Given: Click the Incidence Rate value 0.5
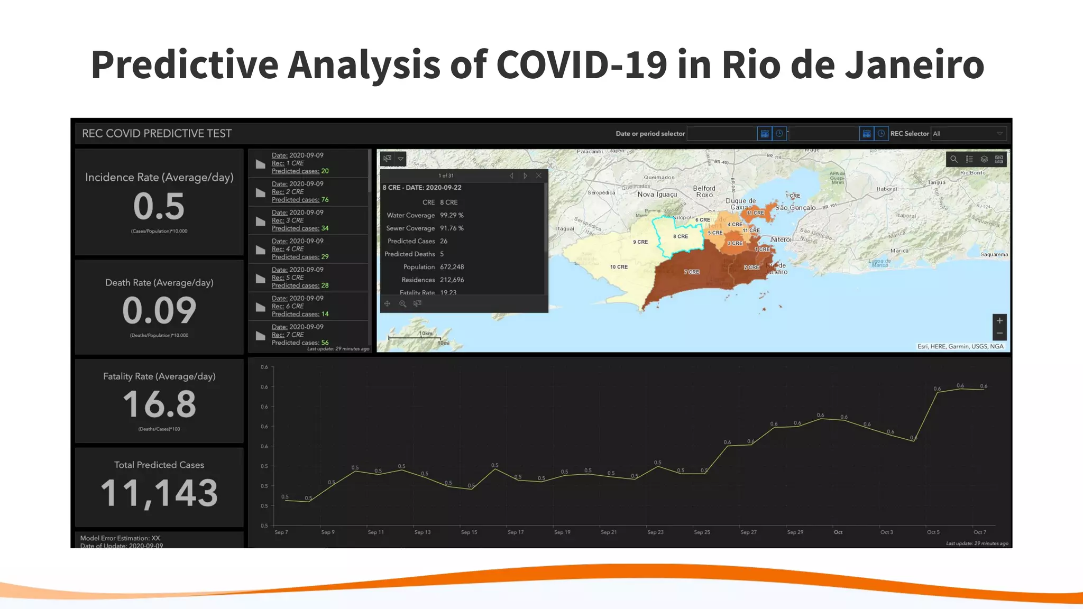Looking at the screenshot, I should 159,206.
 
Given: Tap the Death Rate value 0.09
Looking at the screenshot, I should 159,310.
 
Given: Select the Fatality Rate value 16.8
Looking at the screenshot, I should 159,404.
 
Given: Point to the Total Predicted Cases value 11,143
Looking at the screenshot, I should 159,493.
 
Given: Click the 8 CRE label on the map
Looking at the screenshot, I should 681,236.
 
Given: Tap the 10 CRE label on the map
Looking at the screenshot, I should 619,267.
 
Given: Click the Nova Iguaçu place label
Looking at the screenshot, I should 657,195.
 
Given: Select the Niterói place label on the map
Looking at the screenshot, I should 781,239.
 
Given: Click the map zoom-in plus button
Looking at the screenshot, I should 999,320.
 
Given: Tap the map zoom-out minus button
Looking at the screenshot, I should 999,334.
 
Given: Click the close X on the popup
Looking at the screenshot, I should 539,176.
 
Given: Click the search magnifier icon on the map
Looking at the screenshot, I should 953,159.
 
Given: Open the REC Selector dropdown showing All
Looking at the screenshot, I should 968,134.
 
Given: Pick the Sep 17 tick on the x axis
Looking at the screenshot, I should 516,532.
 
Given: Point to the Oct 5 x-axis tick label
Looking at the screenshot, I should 933,532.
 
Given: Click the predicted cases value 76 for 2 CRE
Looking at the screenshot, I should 325,200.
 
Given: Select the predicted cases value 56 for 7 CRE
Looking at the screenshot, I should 325,343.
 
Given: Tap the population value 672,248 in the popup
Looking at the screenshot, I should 452,267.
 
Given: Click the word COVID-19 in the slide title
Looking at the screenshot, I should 582,64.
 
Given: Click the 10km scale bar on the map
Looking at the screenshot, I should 414,337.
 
